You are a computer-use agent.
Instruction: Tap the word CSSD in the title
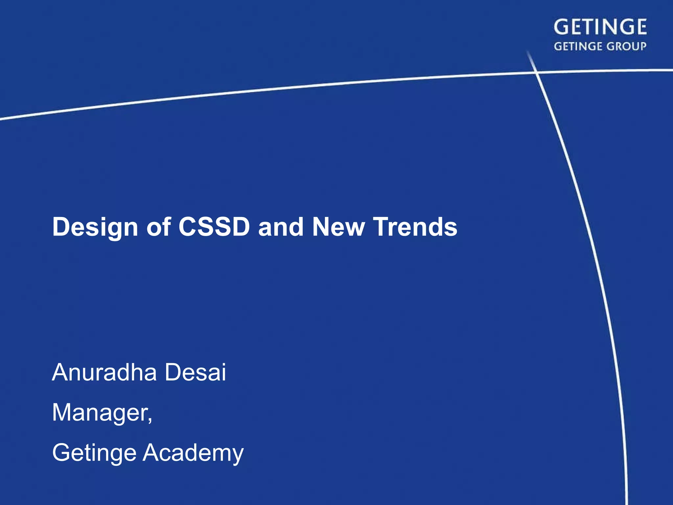point(214,227)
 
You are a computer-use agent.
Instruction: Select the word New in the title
point(338,227)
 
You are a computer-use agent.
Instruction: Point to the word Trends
point(415,227)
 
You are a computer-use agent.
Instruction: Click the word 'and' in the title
point(281,227)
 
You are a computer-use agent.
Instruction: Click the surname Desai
point(195,373)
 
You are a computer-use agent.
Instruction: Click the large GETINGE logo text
point(600,27)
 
